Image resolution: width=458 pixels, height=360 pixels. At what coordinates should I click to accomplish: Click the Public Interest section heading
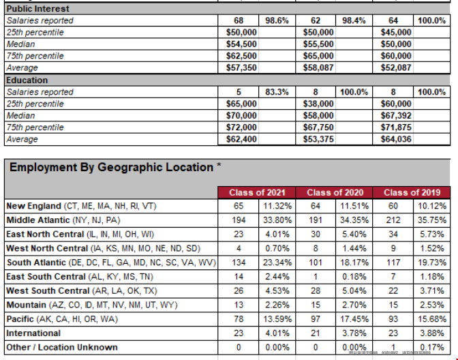coord(37,9)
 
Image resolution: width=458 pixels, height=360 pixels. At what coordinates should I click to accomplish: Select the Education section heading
coord(27,80)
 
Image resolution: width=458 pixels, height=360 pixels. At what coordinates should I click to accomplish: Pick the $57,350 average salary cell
coord(241,68)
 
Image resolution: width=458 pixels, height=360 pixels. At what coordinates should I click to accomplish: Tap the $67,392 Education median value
coord(396,116)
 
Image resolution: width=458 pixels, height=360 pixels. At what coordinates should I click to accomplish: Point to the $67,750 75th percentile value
coord(318,127)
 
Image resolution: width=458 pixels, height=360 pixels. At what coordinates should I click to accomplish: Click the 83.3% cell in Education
coord(277,92)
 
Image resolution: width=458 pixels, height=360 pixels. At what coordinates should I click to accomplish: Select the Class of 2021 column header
coord(257,193)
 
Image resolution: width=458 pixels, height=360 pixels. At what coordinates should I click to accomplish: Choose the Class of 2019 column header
coord(412,193)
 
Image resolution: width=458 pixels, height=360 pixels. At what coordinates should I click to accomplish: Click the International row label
coord(33,333)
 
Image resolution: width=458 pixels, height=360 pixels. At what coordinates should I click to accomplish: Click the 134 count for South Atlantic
coord(237,262)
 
